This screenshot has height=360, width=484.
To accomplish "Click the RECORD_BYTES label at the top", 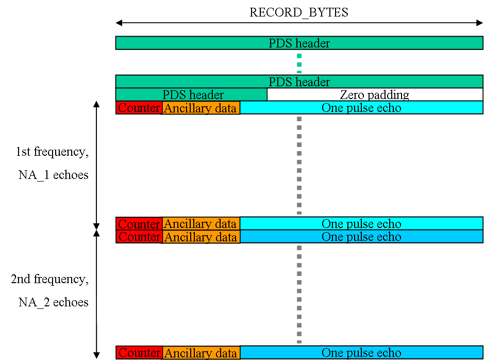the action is (x=299, y=12).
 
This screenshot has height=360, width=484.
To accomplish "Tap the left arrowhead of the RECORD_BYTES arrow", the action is (x=119, y=23).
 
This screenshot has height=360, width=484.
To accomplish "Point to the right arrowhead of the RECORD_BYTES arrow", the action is (x=480, y=23).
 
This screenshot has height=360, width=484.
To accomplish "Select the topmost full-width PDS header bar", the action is (x=299, y=43).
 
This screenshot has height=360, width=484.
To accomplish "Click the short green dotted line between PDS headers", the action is (x=299, y=63).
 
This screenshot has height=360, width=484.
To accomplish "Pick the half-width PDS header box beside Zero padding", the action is (x=191, y=94).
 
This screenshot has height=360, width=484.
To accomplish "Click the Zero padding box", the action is (x=375, y=94).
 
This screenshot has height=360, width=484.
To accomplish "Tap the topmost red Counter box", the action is (x=139, y=108).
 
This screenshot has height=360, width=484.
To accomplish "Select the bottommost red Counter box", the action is (x=139, y=353).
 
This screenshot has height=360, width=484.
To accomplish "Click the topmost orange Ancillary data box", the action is (x=201, y=108).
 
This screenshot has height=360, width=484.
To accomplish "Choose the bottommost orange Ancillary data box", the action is (x=201, y=353).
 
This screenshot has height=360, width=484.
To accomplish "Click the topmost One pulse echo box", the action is (x=361, y=107).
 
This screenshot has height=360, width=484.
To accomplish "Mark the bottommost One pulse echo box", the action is (x=361, y=352).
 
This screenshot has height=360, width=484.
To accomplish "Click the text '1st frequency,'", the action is (x=53, y=152).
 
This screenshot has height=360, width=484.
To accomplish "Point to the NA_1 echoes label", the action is (x=54, y=175).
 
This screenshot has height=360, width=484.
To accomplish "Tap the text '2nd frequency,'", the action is (x=50, y=279).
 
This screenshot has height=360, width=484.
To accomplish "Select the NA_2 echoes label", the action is (x=54, y=302).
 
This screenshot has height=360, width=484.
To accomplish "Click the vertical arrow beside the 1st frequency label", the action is (x=96, y=165).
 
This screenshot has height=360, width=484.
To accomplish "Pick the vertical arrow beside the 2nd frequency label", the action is (x=96, y=294).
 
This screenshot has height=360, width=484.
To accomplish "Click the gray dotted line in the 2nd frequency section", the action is (x=299, y=294).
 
